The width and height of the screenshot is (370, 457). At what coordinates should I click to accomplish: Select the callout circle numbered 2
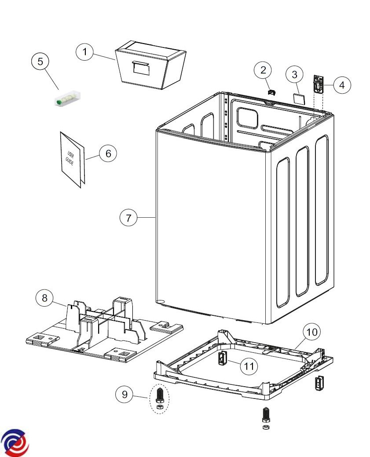263,69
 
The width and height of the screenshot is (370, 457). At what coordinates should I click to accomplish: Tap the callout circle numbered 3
295,74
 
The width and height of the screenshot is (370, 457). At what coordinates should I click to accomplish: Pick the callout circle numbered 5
40,61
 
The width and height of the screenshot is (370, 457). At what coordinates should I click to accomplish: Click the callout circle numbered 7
128,218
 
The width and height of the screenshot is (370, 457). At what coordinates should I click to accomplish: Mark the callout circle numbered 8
44,298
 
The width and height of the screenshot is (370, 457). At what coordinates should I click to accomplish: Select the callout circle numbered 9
125,394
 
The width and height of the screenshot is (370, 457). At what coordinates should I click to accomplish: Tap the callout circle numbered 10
311,332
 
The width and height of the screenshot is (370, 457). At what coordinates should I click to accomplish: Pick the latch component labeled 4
318,84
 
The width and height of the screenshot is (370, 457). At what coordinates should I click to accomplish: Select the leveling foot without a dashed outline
266,418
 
